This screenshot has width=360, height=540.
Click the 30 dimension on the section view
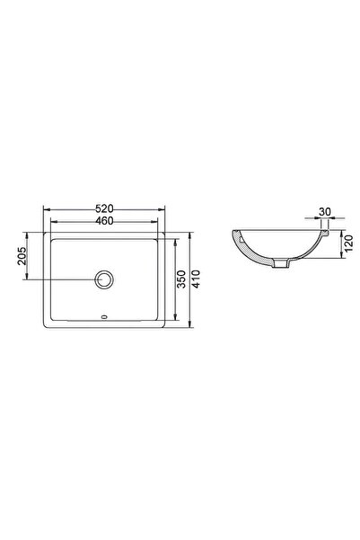point(325,213)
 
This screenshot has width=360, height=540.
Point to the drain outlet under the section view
point(285,264)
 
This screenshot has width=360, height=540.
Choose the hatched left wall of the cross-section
point(243,248)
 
